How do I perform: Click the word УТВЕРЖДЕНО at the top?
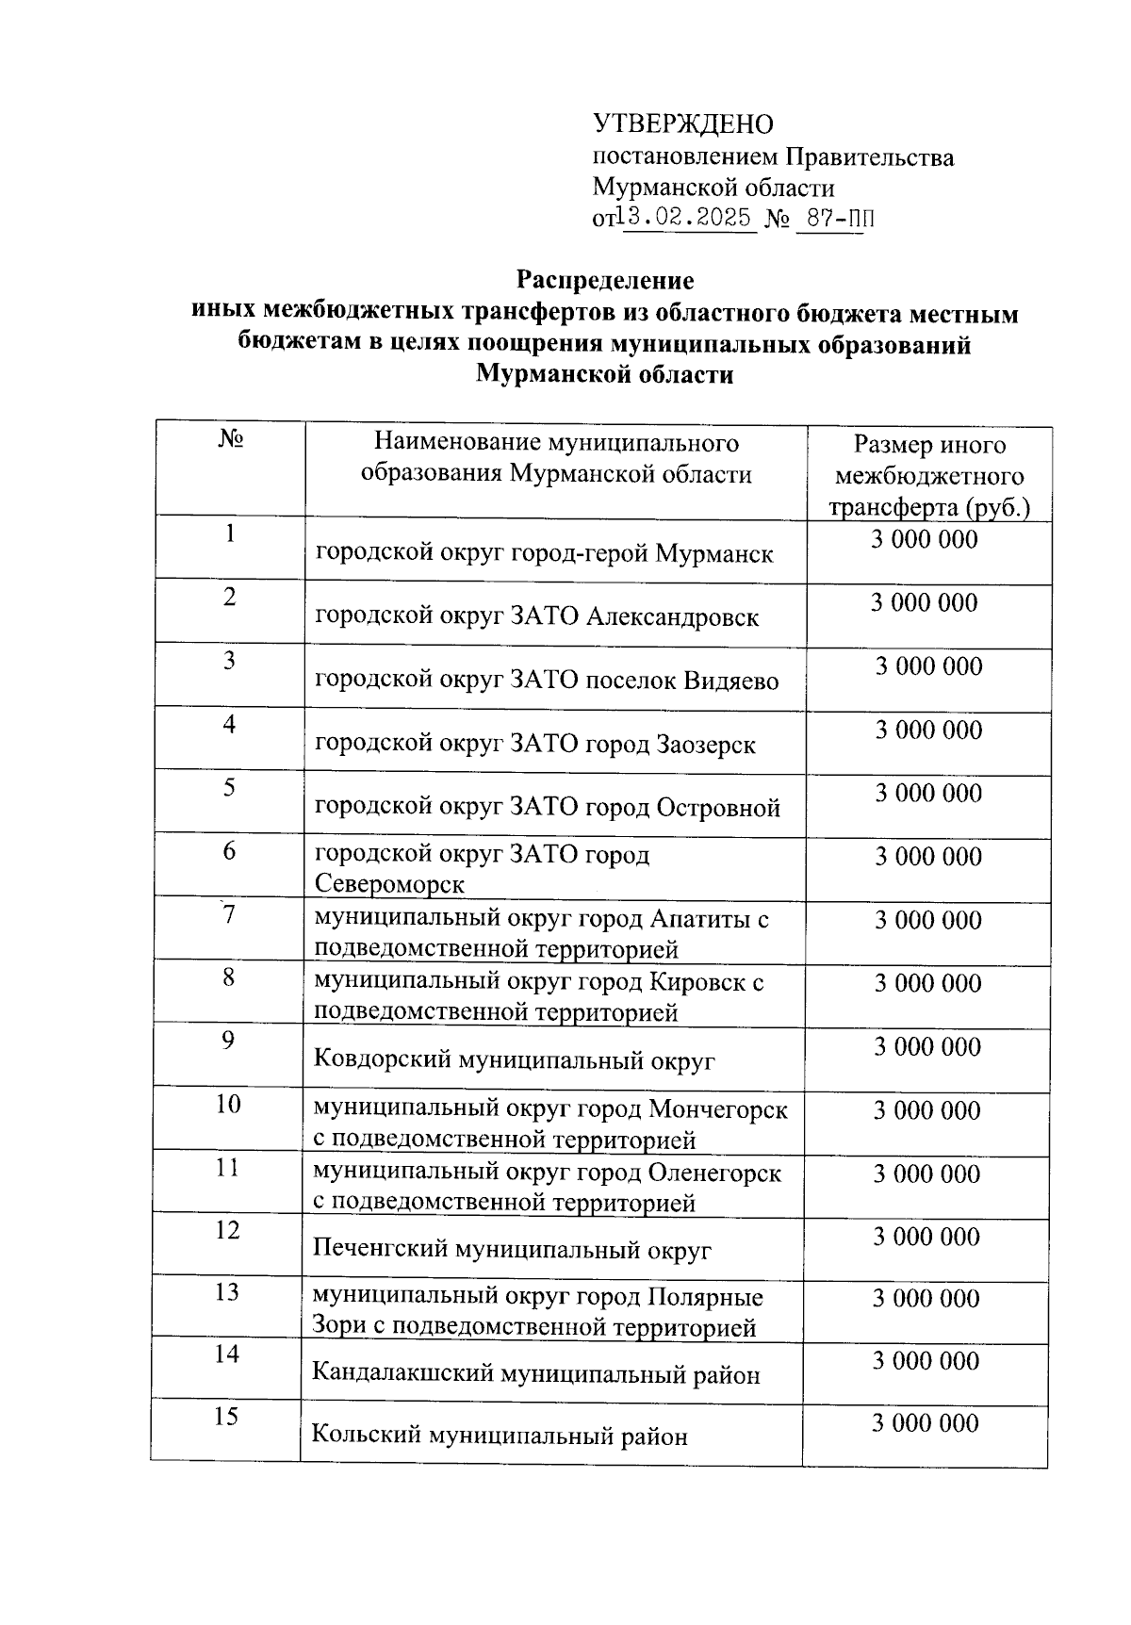(682, 124)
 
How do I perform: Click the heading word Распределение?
(604, 281)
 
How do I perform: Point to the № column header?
(231, 440)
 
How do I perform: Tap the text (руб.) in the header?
(997, 507)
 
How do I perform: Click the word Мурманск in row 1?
(713, 554)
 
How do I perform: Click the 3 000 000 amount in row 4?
(928, 730)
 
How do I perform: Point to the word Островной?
(718, 808)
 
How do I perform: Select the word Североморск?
(389, 885)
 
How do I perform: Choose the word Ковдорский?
(382, 1060)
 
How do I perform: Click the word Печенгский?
(381, 1251)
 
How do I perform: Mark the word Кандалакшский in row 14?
(401, 1374)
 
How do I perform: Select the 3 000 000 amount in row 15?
(925, 1423)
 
